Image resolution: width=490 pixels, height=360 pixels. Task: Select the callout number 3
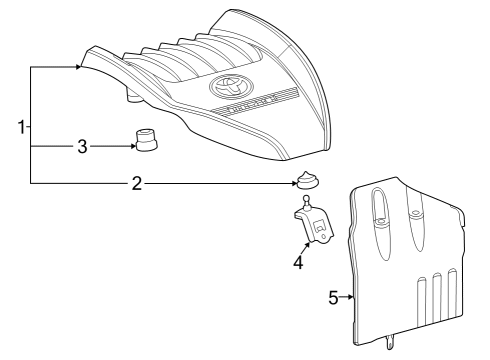[x=83, y=146]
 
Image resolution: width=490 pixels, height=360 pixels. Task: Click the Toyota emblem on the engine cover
[x=222, y=88]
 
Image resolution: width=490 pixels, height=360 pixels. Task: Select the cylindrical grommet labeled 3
[x=149, y=142]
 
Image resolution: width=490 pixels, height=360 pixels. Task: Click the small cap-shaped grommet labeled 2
[x=306, y=182]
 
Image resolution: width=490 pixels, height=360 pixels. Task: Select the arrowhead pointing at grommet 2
[x=290, y=184]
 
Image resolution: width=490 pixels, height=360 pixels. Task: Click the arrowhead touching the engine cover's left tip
[x=77, y=67]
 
